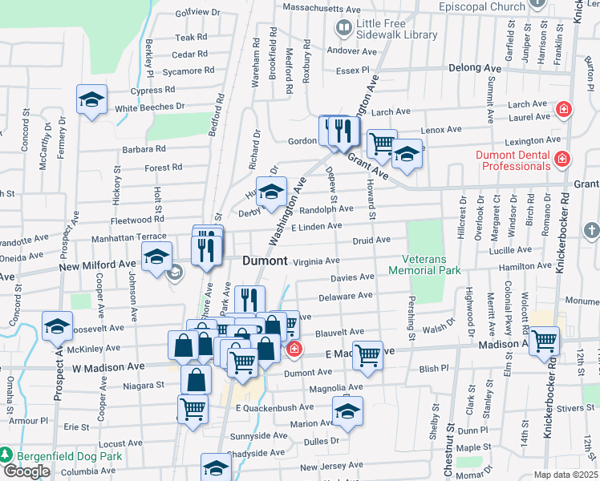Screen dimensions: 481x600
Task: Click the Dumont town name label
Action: click(x=265, y=261)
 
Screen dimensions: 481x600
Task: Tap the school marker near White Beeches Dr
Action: click(x=92, y=100)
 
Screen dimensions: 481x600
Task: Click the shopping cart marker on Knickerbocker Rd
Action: click(x=545, y=340)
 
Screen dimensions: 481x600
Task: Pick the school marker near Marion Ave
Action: click(x=347, y=412)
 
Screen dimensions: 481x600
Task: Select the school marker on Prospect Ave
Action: click(x=57, y=326)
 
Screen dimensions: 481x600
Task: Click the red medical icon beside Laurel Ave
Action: click(x=563, y=109)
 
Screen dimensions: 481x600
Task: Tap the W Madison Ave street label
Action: click(x=108, y=366)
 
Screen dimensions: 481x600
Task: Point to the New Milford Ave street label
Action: click(x=97, y=265)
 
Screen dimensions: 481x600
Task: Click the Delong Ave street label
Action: click(x=475, y=69)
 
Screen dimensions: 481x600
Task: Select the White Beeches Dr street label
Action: click(x=150, y=107)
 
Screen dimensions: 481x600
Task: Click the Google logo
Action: click(x=26, y=471)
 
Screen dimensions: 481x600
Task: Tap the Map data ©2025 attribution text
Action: click(x=566, y=475)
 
